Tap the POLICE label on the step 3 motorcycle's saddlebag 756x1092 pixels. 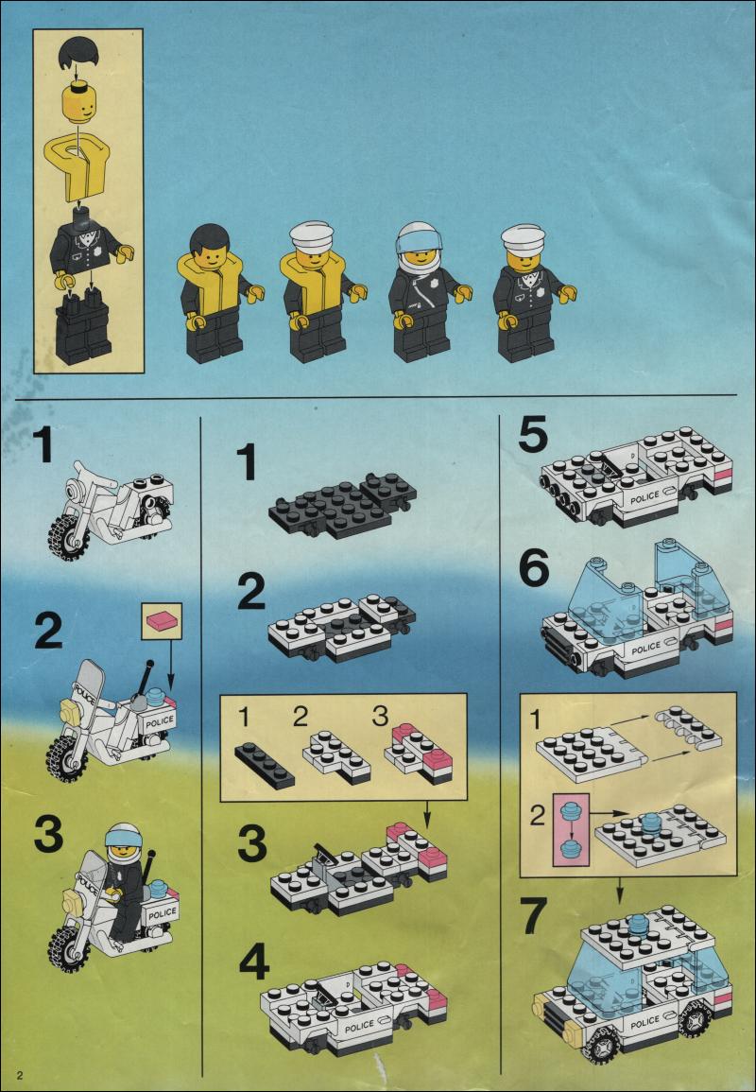point(162,912)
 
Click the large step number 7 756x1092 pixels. point(533,916)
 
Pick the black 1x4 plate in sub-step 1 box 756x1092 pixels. point(265,765)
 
